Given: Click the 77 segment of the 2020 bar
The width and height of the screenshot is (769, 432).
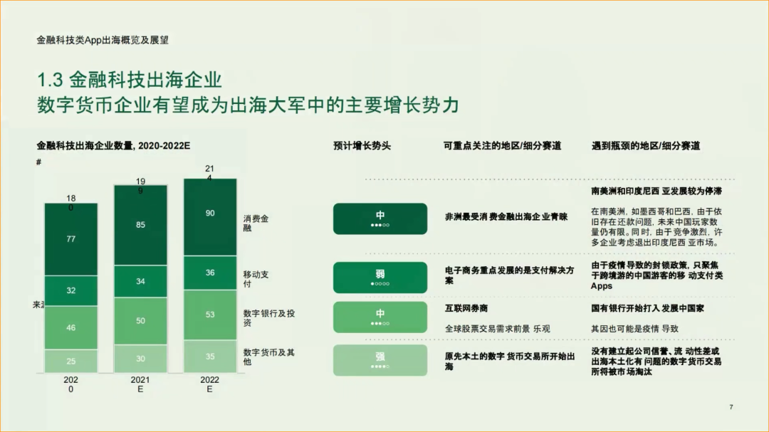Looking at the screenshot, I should click(70, 239).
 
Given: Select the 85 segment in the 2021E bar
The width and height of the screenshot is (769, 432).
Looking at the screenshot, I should click(140, 225).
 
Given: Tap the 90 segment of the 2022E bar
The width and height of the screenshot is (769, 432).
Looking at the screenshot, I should click(210, 214).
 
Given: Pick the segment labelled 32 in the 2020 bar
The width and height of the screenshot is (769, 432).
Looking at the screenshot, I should click(70, 290).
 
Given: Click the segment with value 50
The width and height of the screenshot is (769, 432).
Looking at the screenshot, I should click(140, 321).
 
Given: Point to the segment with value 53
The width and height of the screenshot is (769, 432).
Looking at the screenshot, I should click(210, 315).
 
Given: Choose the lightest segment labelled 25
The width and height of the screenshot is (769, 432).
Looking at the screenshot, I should click(70, 361).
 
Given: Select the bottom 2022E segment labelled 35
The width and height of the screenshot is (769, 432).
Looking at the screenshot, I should click(210, 357).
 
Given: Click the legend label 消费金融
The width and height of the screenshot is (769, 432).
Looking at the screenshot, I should click(256, 223).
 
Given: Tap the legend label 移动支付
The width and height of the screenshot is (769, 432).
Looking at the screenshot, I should click(256, 279).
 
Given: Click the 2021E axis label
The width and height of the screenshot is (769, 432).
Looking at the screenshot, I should click(140, 384).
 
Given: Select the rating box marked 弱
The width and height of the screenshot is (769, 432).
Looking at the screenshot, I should click(380, 278).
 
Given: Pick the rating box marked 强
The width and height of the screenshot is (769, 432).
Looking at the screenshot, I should click(380, 360).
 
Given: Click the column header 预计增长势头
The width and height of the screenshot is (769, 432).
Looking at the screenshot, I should click(362, 146).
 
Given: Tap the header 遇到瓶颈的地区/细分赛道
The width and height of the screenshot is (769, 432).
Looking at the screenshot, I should click(645, 146).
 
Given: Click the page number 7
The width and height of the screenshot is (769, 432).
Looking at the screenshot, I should click(731, 406).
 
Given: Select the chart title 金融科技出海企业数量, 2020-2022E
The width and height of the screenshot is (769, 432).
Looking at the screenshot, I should click(114, 146).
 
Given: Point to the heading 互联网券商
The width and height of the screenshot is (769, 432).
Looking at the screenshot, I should click(466, 309).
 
